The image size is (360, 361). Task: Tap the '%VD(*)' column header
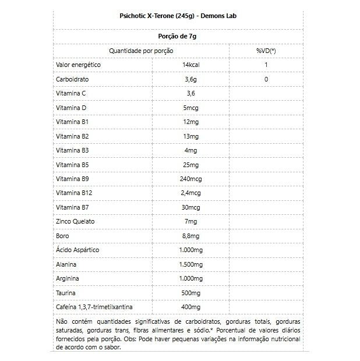tap(266, 51)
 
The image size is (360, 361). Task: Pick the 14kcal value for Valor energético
tap(191, 65)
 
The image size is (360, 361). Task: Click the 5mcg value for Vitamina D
tap(191, 107)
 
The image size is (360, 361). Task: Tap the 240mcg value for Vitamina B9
tap(191, 179)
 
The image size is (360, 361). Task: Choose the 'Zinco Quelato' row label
tap(75, 221)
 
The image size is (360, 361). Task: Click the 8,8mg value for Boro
tap(191, 235)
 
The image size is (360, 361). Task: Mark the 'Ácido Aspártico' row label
tap(77, 250)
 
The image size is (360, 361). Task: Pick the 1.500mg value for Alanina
tap(191, 264)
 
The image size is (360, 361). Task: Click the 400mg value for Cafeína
tap(191, 307)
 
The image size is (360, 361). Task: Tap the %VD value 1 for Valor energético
tap(266, 65)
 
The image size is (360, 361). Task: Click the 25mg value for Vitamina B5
tap(191, 164)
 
